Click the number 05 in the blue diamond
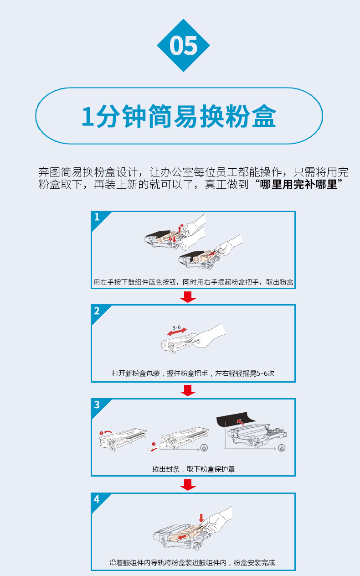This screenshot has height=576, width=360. point(184,46)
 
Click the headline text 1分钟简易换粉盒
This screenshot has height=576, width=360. point(179,116)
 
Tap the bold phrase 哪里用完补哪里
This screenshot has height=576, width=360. point(298,184)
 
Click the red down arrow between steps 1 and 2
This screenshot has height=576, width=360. point(188,297)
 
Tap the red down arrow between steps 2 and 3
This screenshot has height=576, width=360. point(188,390)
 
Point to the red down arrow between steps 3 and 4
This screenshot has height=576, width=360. point(188,485)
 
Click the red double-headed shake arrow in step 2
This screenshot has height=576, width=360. point(177,332)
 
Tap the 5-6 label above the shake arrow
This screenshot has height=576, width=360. point(176,327)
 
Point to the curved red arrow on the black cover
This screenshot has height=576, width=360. point(240,421)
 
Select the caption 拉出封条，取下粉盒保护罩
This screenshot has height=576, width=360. point(193,469)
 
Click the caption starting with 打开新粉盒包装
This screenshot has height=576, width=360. point(193,374)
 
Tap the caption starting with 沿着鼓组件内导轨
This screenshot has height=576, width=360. point(192,563)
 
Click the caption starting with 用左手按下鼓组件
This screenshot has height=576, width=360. point(193,282)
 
